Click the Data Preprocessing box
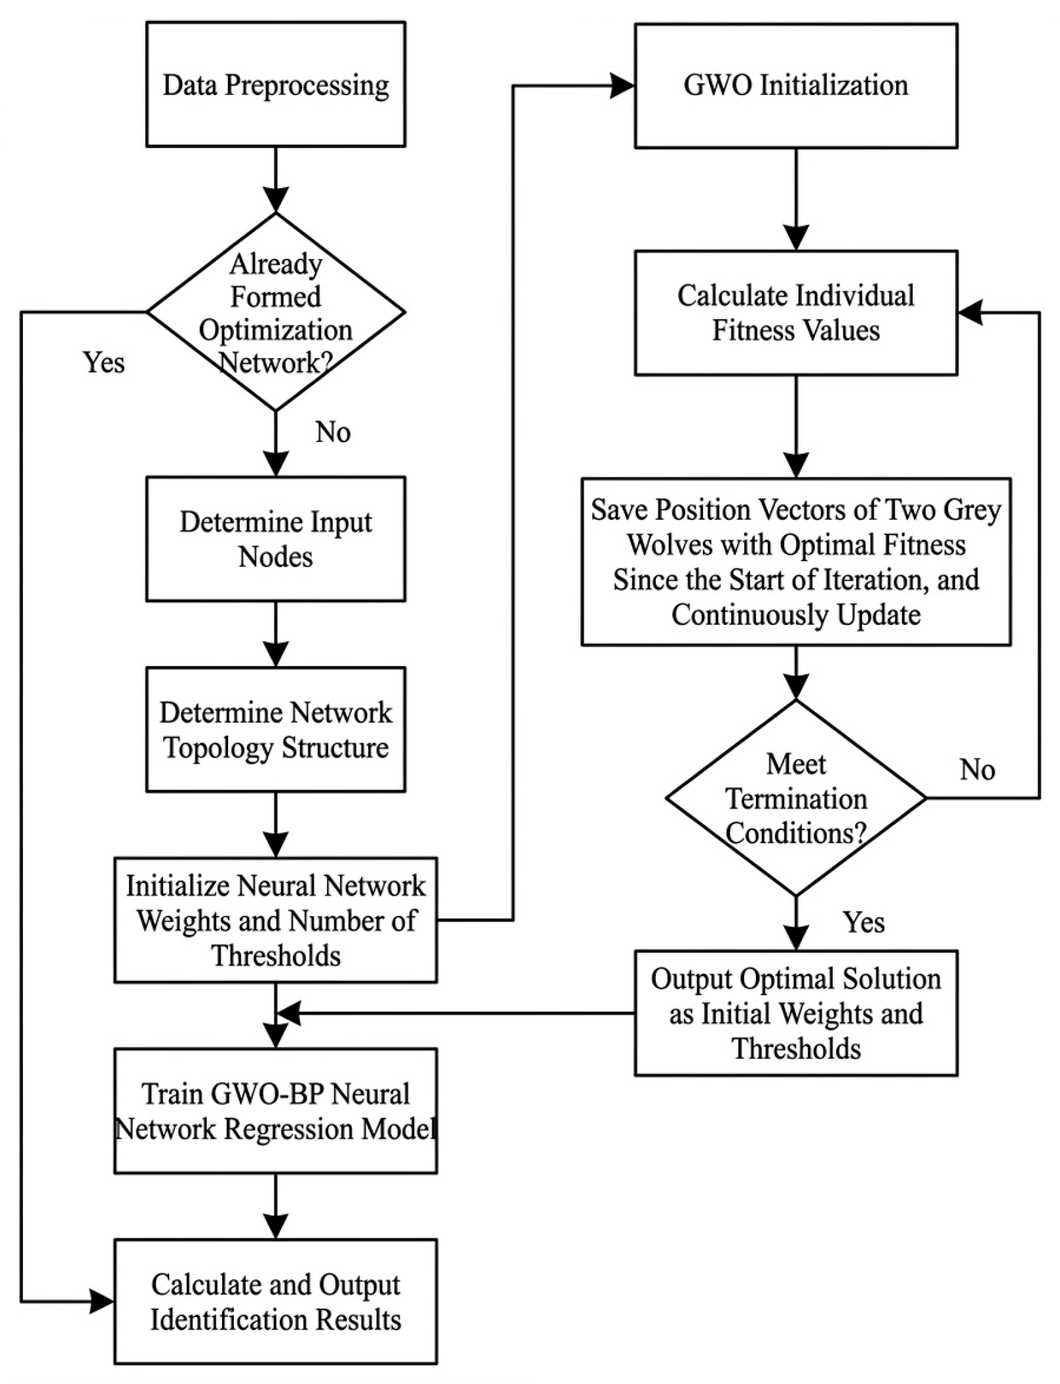pyautogui.click(x=275, y=84)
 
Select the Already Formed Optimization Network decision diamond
pyautogui.click(x=275, y=312)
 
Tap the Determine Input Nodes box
pyautogui.click(x=275, y=539)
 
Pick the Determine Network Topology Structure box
pyautogui.click(x=275, y=729)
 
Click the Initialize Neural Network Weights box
pyautogui.click(x=275, y=920)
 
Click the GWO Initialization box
pyautogui.click(x=796, y=86)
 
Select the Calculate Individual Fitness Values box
pyautogui.click(x=796, y=313)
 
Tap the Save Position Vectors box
pyautogui.click(x=796, y=562)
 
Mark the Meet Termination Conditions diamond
pyautogui.click(x=796, y=798)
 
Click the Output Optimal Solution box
pyautogui.click(x=796, y=1013)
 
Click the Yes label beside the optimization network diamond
pyautogui.click(x=104, y=363)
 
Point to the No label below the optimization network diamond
pyautogui.click(x=333, y=432)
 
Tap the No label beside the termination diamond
pyautogui.click(x=977, y=769)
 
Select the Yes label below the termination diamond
pyautogui.click(x=864, y=922)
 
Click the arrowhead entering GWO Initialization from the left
pyautogui.click(x=622, y=86)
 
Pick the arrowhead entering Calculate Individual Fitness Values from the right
pyautogui.click(x=970, y=313)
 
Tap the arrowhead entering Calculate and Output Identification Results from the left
pyautogui.click(x=102, y=1301)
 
